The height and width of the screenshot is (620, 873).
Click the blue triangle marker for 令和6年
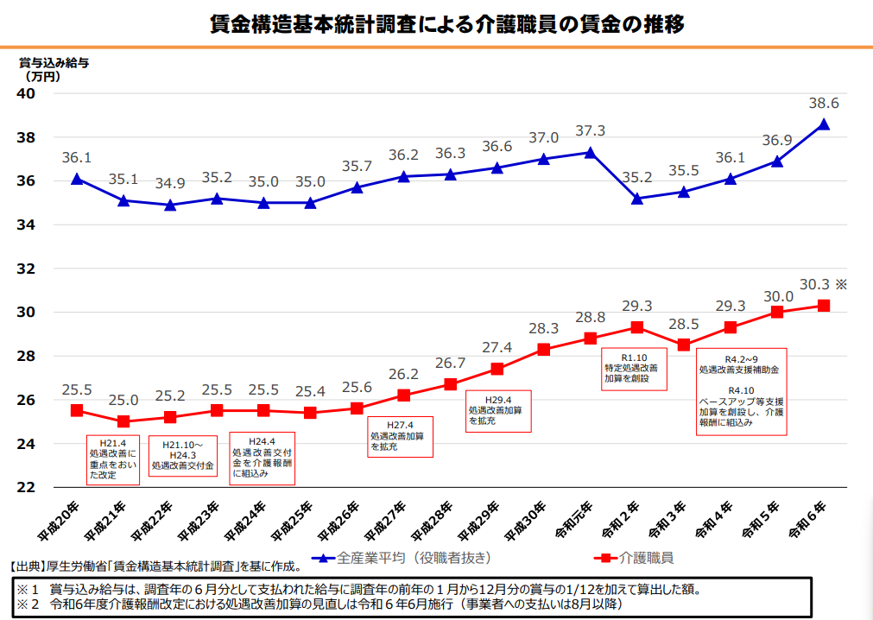click(x=824, y=124)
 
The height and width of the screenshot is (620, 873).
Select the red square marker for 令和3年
click(x=684, y=345)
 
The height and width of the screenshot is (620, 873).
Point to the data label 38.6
click(x=824, y=102)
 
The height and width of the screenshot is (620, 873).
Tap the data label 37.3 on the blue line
click(x=591, y=131)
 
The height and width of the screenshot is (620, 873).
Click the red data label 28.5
click(x=684, y=324)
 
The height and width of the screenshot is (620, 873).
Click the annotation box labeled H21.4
click(x=112, y=458)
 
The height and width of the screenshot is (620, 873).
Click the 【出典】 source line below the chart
click(x=155, y=567)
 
